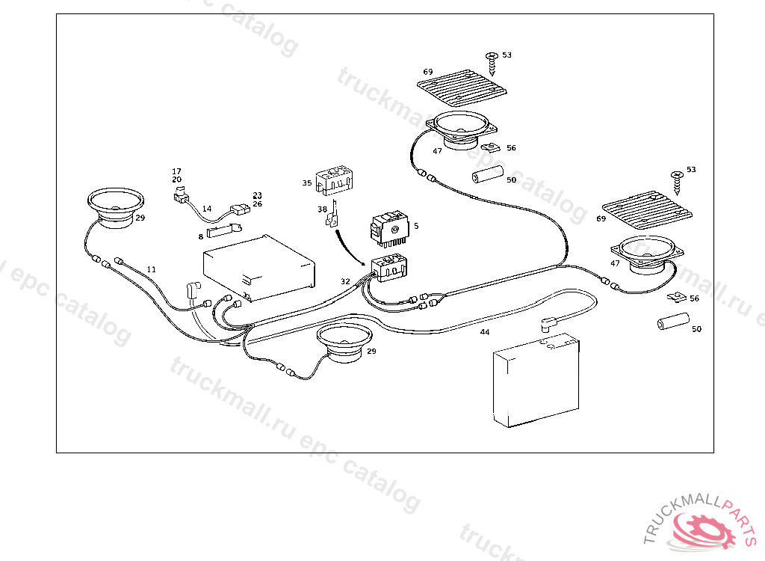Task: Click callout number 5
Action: pos(416,225)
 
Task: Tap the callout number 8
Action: pos(200,236)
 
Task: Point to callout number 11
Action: pos(152,269)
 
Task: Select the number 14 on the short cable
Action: pos(207,209)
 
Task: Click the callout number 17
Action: pos(177,171)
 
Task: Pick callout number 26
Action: pos(257,203)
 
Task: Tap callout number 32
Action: pos(345,282)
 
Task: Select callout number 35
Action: pos(307,183)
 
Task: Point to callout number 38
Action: pos(322,210)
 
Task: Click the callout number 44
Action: pos(485,331)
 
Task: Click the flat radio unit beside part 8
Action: pos(258,269)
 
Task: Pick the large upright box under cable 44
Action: pos(536,383)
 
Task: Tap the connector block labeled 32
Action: pos(388,266)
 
